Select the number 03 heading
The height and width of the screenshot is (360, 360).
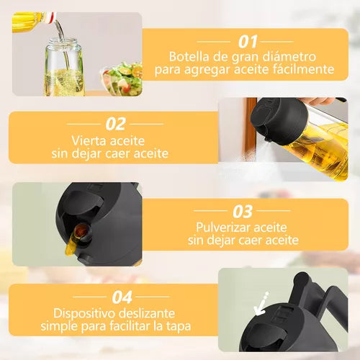[243, 211]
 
